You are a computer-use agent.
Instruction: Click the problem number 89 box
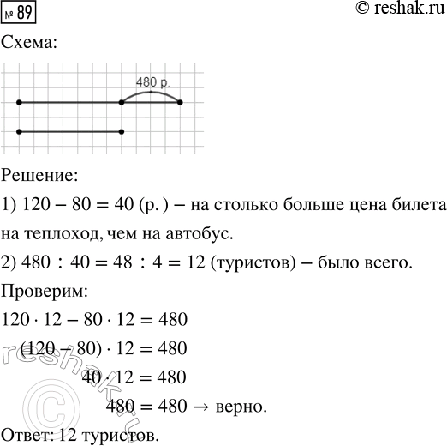click(20, 14)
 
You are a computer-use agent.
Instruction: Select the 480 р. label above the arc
click(152, 82)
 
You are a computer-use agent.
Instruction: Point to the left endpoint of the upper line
click(18, 102)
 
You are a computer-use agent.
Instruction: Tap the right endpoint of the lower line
click(122, 131)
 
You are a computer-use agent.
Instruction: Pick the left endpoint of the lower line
click(18, 131)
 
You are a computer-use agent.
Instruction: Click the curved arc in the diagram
click(152, 92)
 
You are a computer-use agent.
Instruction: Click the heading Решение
click(39, 176)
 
